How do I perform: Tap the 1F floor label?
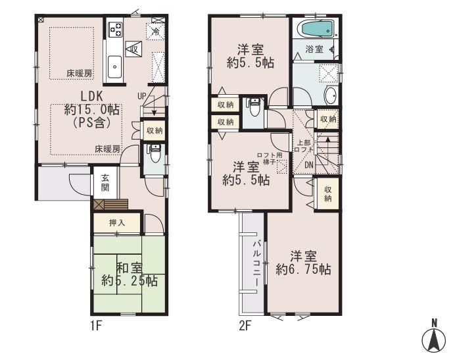point(96,325)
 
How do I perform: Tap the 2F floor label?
point(245,325)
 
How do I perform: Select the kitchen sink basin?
point(114,66)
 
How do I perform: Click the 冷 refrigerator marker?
point(156,31)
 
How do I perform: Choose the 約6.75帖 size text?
point(303,263)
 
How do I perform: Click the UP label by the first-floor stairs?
point(141,96)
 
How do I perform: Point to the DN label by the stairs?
point(308,165)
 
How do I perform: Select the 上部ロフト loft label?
point(304,146)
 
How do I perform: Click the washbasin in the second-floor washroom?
point(330,95)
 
